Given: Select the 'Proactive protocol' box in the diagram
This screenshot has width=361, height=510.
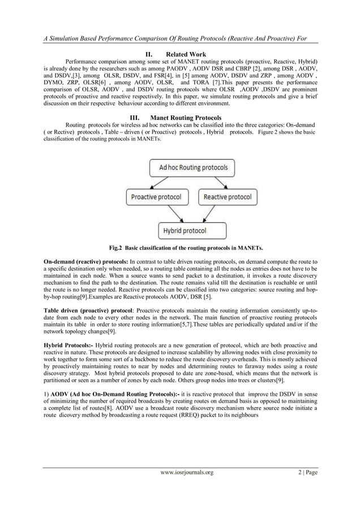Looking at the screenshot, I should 156,197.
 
